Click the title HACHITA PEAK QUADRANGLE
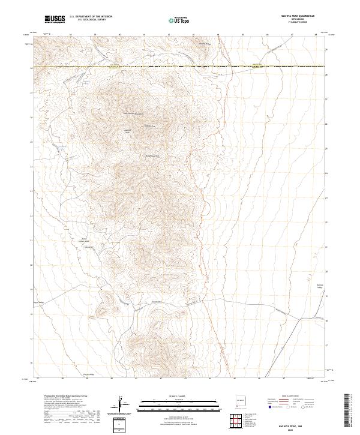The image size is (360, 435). [296, 16]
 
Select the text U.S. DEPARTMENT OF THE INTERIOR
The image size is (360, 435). [91, 17]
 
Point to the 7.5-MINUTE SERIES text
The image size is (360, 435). [296, 25]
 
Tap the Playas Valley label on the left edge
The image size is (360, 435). [38, 302]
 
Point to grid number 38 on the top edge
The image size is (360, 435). [70, 35]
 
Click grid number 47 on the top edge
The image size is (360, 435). [292, 35]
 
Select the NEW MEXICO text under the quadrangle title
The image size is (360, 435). [296, 20]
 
